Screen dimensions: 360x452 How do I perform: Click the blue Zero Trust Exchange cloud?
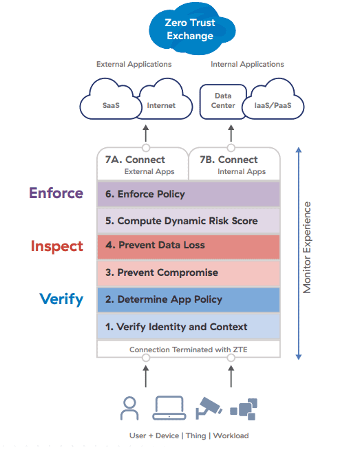[x=191, y=29]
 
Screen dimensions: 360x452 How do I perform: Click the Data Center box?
[x=222, y=101]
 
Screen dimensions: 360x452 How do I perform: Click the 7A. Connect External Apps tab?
[x=142, y=164]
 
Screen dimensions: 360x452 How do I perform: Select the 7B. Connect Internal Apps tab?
[x=234, y=164]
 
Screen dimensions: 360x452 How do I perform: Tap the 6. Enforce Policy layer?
[x=189, y=194]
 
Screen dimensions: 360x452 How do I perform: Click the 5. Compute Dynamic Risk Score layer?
[x=189, y=221]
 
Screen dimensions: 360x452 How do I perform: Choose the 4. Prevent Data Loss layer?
[x=189, y=246]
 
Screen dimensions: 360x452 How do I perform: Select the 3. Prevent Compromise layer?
[x=189, y=273]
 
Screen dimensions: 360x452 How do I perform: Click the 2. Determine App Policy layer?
[x=189, y=300]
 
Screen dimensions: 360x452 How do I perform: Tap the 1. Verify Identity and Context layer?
[x=189, y=327]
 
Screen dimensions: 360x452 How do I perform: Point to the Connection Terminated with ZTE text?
[x=189, y=349]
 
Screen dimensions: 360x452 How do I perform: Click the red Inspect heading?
[x=57, y=246]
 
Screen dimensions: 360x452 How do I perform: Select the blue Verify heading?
[x=61, y=299]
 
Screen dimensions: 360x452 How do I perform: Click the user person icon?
[x=129, y=408]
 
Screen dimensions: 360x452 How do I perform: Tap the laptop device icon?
[x=169, y=407]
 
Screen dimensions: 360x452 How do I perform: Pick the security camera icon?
[x=209, y=407]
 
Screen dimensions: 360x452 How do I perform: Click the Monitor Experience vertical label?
[x=307, y=248]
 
